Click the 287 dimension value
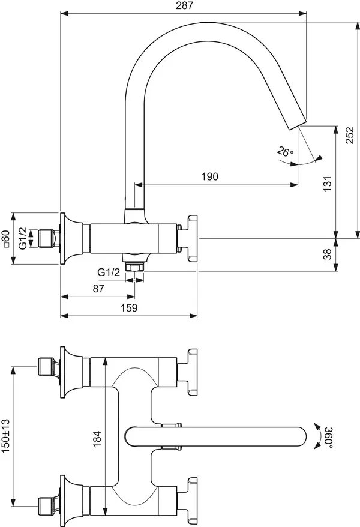[184, 5]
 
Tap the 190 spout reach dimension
[209, 176]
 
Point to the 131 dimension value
[326, 183]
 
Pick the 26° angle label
[285, 152]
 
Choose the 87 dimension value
[99, 288]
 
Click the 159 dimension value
[129, 307]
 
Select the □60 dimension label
[6, 238]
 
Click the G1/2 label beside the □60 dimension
[23, 238]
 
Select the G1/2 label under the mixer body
[109, 272]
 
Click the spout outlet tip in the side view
[301, 122]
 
